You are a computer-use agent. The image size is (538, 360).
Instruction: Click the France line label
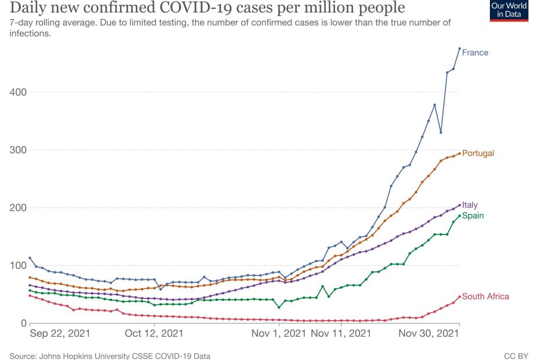[475, 53]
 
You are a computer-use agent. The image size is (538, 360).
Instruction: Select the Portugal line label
[478, 154]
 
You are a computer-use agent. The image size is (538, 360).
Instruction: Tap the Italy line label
[470, 205]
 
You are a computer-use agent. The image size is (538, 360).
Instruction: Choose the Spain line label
[472, 216]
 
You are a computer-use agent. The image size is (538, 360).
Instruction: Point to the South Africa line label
[485, 297]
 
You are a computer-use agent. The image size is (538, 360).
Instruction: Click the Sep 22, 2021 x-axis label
[60, 334]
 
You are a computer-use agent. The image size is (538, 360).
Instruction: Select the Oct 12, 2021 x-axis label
[154, 334]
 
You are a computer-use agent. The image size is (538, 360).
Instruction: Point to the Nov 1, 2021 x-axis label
[278, 334]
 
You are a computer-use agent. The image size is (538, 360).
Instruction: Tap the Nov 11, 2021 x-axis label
[341, 334]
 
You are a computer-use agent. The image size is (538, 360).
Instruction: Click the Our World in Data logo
[509, 10]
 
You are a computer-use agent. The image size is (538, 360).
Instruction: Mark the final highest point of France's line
[459, 49]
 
